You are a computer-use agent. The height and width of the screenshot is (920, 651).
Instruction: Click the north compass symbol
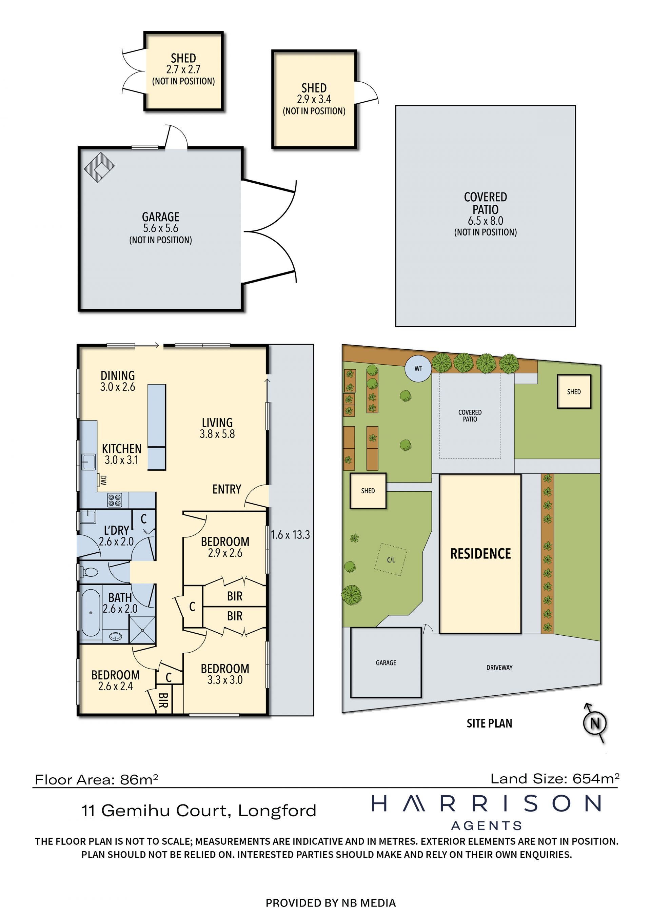click(595, 723)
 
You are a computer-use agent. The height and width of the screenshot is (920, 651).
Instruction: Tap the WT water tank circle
click(418, 368)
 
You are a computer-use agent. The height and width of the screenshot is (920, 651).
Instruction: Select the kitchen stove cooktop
click(114, 500)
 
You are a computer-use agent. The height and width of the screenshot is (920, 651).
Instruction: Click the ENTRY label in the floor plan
click(226, 489)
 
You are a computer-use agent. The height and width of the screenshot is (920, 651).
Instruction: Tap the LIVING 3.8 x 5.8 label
click(217, 428)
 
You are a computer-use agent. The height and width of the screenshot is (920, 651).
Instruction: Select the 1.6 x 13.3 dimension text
click(290, 535)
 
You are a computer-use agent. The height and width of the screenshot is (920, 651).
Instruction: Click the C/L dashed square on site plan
click(391, 560)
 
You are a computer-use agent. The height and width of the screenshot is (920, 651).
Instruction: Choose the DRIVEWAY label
click(499, 668)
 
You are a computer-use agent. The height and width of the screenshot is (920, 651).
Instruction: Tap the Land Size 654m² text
click(555, 779)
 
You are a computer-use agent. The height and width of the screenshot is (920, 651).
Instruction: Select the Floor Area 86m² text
click(96, 779)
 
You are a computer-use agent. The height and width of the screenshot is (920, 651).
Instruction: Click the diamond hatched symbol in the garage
click(99, 167)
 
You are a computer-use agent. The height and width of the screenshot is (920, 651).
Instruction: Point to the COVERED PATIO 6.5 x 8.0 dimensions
click(486, 221)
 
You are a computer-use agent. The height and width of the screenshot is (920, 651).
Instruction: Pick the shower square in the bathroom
click(142, 630)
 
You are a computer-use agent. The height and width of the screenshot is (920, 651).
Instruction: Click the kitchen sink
click(88, 462)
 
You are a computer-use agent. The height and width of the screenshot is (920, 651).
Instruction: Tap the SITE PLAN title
click(490, 723)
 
